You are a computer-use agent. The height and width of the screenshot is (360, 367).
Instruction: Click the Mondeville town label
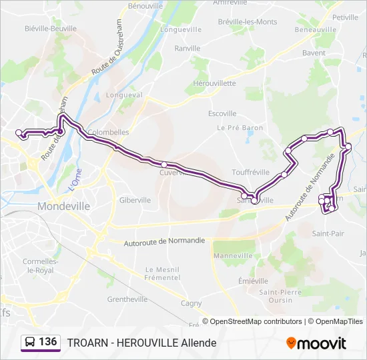click(64, 206)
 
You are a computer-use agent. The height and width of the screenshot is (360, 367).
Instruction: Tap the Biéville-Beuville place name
click(49, 29)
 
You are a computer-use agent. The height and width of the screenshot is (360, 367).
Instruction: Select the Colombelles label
click(108, 132)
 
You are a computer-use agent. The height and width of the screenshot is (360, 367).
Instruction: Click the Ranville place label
click(187, 48)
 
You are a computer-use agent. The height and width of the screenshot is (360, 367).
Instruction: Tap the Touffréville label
click(252, 171)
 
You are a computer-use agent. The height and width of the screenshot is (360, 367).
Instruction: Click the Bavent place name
click(314, 53)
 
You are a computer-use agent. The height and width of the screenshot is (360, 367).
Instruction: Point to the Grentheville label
click(127, 299)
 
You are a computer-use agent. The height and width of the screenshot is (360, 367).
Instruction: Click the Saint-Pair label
click(328, 233)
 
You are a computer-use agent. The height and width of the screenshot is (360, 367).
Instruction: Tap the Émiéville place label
click(253, 281)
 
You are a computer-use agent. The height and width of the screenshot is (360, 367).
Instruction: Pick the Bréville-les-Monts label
click(247, 22)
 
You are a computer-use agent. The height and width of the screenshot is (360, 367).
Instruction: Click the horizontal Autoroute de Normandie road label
click(164, 242)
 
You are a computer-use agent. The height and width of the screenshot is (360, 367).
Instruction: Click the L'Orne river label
click(74, 181)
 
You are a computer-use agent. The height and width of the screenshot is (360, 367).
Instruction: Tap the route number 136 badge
click(40, 342)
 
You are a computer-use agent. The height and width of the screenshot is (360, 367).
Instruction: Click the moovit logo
click(316, 343)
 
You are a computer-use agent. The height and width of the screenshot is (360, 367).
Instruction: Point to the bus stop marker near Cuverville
click(164, 164)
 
